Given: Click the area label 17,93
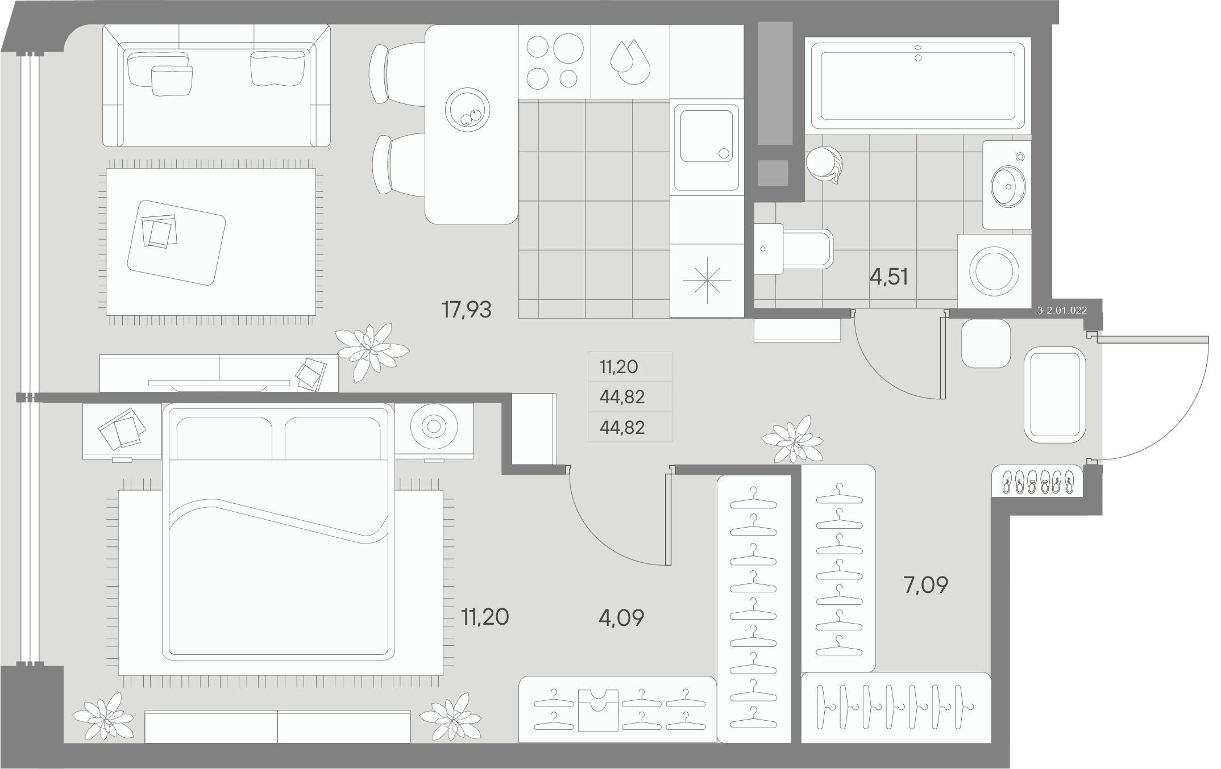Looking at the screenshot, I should (466, 310).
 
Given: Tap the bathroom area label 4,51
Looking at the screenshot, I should (889, 277).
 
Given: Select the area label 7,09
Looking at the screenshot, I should (926, 584).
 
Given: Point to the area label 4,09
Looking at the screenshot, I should (621, 618).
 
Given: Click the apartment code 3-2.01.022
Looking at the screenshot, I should (1062, 310).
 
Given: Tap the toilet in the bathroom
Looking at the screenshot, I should (796, 249).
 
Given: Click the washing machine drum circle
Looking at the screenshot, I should (994, 271).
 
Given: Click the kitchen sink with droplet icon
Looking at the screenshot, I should (630, 62).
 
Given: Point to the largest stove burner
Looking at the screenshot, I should (568, 48).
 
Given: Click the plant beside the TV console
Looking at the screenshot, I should (371, 349).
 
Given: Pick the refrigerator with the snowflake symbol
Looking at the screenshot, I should (707, 281).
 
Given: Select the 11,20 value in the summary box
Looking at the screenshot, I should (618, 367).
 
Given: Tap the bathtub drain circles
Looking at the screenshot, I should (918, 53).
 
